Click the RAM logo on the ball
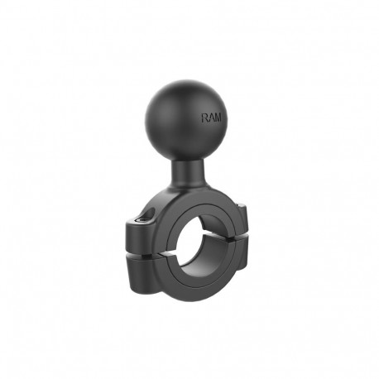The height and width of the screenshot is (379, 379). tap(211, 118)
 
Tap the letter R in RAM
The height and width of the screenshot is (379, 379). tap(204, 118)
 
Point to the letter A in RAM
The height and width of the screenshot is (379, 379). tap(211, 118)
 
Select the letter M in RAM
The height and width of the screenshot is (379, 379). tap(218, 118)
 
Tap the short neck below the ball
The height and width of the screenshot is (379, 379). tap(188, 173)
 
